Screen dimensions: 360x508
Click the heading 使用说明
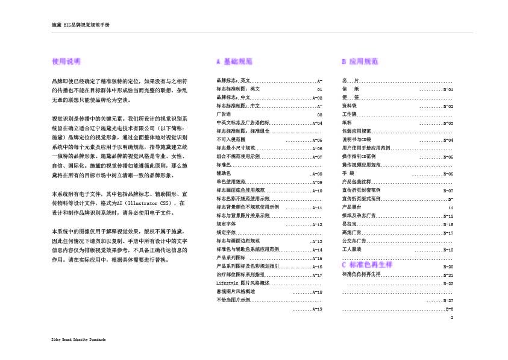(66, 62)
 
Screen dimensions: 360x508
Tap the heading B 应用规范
(360, 62)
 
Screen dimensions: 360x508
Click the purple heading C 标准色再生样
(367, 265)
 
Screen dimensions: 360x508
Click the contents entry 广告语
(223, 113)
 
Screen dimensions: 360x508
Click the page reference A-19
(316, 309)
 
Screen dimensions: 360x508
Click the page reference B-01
(448, 89)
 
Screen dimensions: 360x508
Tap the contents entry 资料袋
(349, 106)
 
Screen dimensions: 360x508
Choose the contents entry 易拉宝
(349, 224)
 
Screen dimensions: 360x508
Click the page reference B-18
(448, 249)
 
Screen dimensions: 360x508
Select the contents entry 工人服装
(351, 249)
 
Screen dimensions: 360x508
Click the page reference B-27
(448, 300)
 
